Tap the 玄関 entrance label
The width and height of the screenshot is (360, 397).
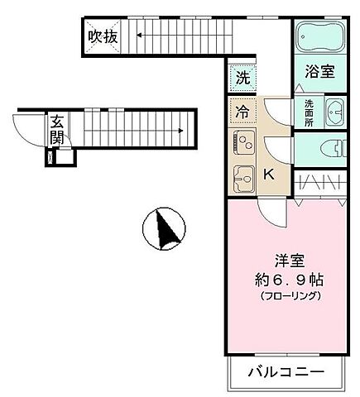point(57,128)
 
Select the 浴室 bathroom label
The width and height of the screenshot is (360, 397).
point(319,72)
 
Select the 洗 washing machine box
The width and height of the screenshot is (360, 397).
point(242,78)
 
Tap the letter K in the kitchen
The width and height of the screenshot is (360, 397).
point(269,175)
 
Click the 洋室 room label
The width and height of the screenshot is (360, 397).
point(285,259)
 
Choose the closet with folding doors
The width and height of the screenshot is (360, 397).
point(319,182)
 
